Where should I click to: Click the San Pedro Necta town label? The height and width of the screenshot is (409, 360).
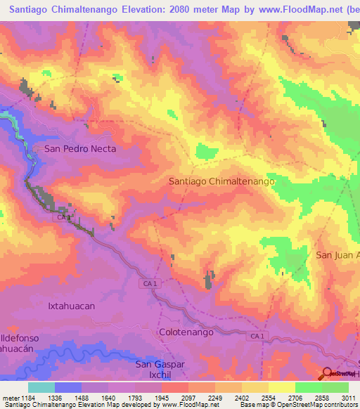tap(79, 148)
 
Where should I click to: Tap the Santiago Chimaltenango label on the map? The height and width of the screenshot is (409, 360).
tap(221, 181)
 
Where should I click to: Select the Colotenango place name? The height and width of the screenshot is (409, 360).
tap(186, 332)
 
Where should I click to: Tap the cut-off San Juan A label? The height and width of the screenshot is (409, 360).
tap(337, 254)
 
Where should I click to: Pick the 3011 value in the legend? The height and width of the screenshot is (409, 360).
tap(349, 398)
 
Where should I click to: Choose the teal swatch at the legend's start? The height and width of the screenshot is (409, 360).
tap(41, 387)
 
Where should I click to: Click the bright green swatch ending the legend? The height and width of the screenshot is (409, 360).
tap(335, 387)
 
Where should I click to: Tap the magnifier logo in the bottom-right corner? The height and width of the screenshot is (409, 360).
tap(328, 374)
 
